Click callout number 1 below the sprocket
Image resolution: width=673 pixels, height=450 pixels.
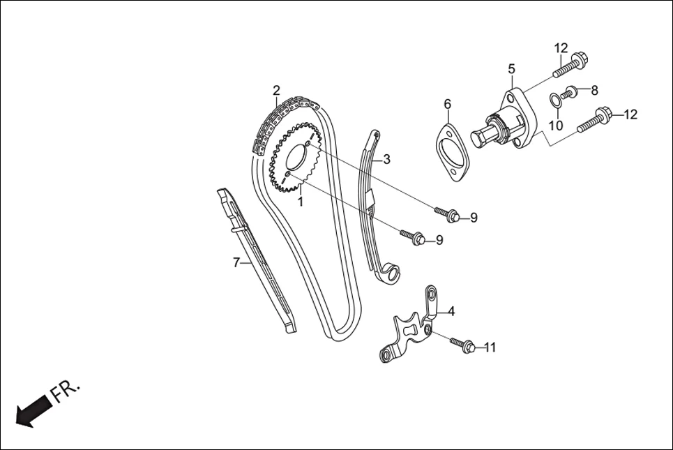click(x=301, y=202)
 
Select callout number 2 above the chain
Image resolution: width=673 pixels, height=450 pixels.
click(x=276, y=91)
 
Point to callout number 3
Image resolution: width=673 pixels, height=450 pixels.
click(x=386, y=159)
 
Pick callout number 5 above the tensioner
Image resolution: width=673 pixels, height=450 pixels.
click(x=511, y=69)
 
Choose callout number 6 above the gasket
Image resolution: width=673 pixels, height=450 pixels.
click(x=448, y=105)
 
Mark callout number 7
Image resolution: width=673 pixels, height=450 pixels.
click(x=236, y=262)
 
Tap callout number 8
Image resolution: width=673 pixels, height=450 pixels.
click(x=594, y=90)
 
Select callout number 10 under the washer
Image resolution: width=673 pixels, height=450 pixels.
click(x=554, y=126)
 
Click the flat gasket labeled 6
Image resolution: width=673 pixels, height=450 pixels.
click(x=453, y=152)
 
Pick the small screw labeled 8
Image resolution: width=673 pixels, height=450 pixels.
click(x=570, y=91)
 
